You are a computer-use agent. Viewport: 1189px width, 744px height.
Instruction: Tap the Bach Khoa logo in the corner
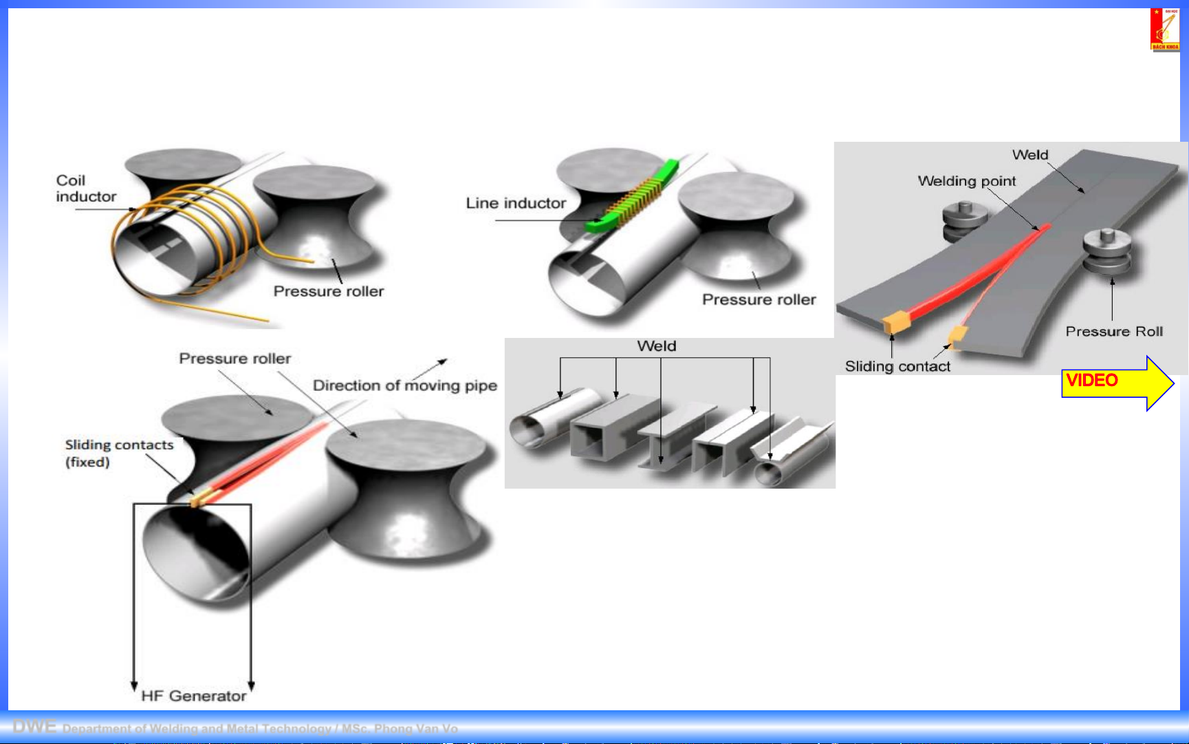(1164, 29)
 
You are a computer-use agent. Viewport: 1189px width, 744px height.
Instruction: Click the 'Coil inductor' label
(85, 189)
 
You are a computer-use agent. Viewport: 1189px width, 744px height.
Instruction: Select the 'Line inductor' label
(516, 203)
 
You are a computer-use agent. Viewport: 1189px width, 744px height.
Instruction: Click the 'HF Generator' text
(193, 696)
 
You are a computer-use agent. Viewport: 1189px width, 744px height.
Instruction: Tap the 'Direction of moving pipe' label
(404, 385)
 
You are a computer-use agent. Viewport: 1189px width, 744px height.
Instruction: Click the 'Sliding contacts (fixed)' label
(118, 453)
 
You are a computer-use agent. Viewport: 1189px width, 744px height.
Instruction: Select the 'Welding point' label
(966, 181)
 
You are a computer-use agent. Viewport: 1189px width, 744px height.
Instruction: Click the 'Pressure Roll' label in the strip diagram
(1114, 332)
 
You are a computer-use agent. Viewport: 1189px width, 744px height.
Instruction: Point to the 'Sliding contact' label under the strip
(897, 366)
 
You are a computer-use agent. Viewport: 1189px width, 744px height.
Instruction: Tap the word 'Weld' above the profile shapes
(656, 346)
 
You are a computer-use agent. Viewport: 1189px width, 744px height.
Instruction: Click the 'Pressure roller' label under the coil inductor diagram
(328, 291)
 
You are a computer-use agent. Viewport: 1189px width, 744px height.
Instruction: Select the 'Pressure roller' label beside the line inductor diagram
(759, 299)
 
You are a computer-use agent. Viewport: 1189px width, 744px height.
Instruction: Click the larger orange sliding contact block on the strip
(896, 321)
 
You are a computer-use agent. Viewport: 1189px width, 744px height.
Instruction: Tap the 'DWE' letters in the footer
(34, 727)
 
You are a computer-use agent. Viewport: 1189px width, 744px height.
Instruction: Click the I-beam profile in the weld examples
(664, 440)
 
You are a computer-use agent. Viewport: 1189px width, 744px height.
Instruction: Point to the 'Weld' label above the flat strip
(1029, 155)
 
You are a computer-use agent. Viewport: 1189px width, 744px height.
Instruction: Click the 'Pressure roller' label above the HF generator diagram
(234, 359)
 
